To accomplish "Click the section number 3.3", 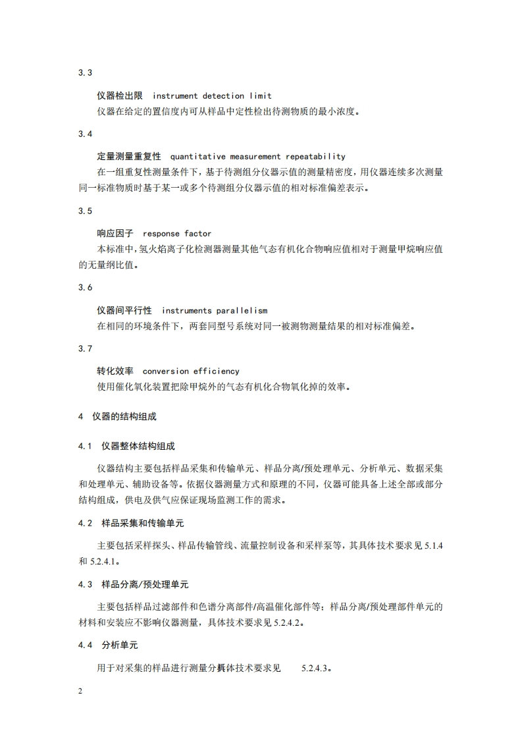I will click(85, 73).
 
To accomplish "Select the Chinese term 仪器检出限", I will click(124, 96).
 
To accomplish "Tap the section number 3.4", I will click(85, 134).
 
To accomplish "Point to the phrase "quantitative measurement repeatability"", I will click(257, 157).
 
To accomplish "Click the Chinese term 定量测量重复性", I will click(129, 157).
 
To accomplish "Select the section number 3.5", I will click(85, 211).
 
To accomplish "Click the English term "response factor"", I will click(177, 234).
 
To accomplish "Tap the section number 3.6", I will click(85, 287).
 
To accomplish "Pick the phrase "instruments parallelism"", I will click(215, 310).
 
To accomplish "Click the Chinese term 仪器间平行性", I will click(124, 310).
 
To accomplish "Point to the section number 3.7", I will click(85, 348).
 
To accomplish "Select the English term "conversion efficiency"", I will click(191, 371).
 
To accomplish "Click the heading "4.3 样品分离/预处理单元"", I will click(134, 585).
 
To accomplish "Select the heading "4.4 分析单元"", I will click(107, 645).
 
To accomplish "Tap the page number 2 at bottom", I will click(80, 691).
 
